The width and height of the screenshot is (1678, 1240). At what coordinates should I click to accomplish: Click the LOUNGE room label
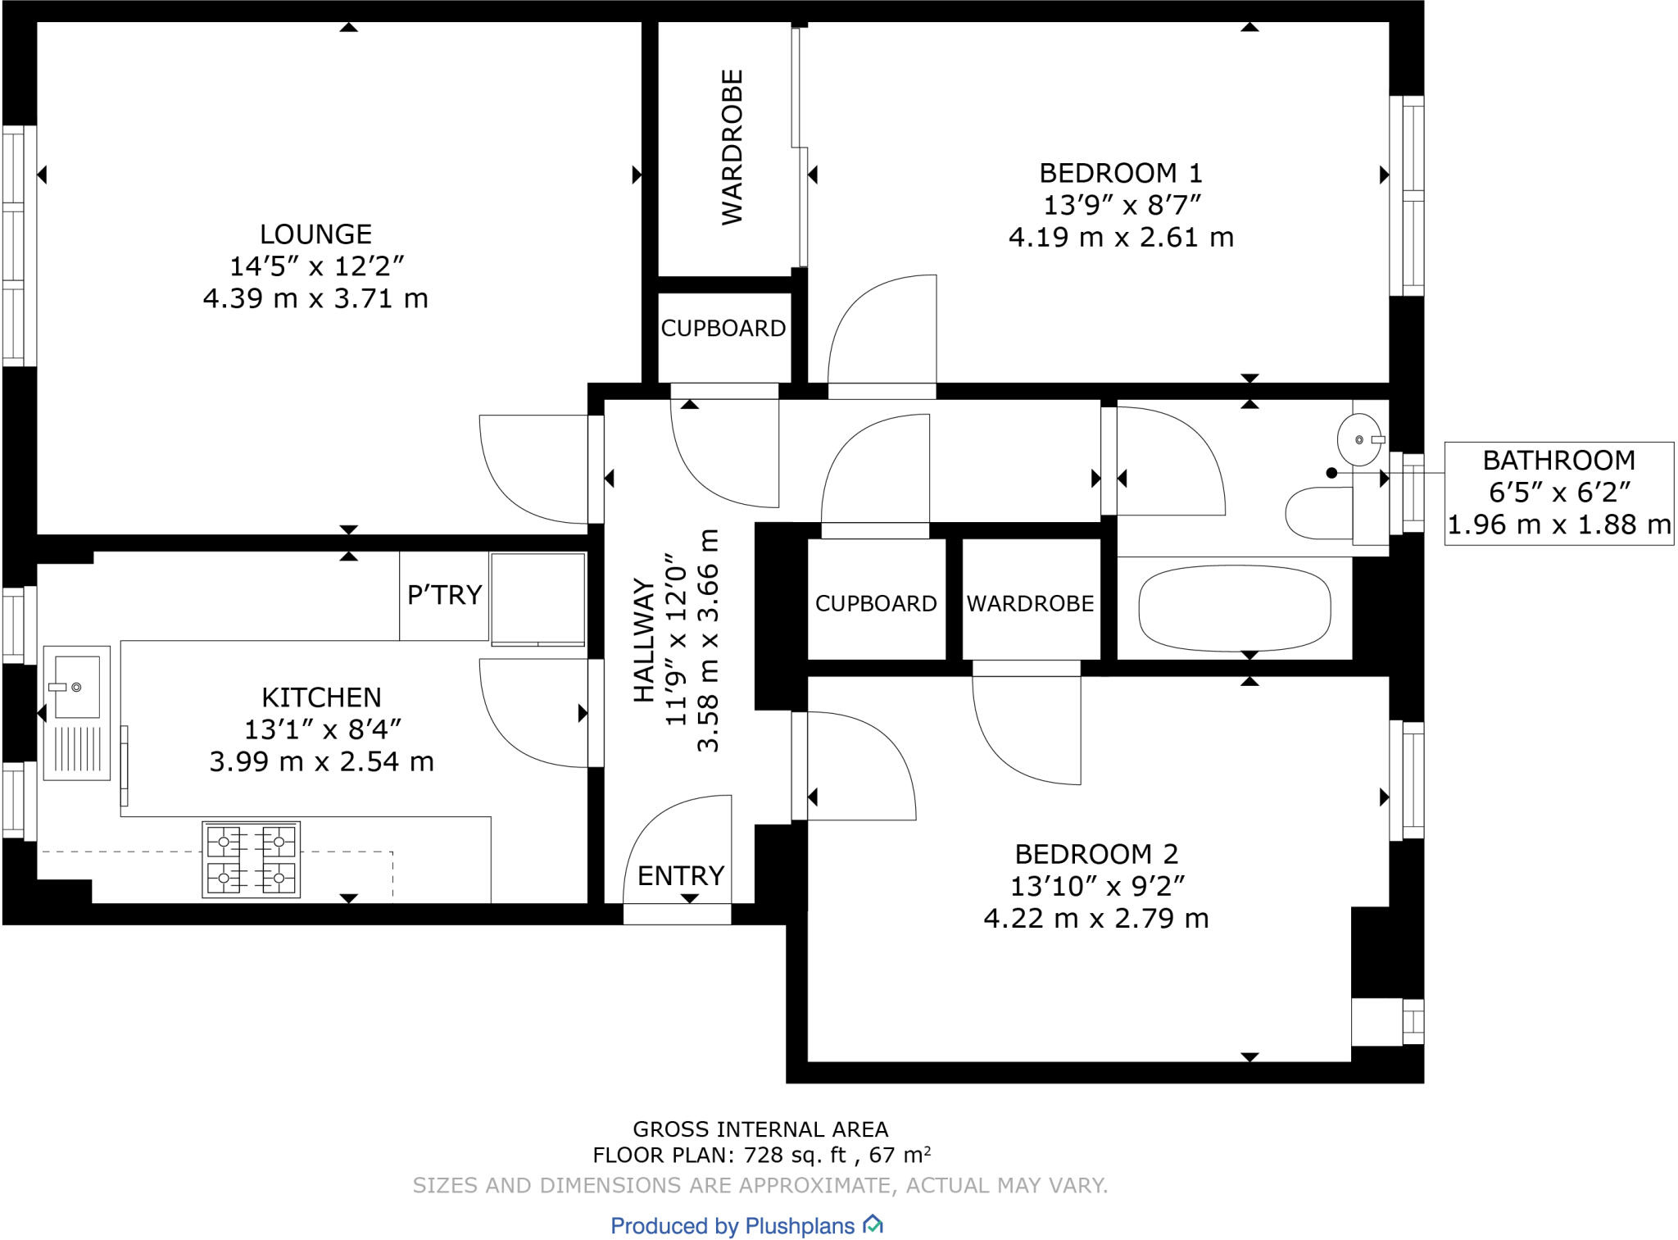pyautogui.click(x=315, y=234)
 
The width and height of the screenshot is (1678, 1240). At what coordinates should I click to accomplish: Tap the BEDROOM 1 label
pyautogui.click(x=1121, y=173)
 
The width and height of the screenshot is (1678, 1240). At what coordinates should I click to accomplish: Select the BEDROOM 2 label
pyautogui.click(x=1096, y=854)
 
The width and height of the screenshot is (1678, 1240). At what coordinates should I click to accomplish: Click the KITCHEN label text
pyautogui.click(x=321, y=697)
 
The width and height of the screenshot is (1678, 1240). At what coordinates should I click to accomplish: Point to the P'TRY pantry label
pyautogui.click(x=444, y=594)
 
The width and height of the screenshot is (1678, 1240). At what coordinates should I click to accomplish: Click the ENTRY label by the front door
pyautogui.click(x=681, y=876)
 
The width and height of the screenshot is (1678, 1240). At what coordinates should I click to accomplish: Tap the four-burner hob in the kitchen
pyautogui.click(x=252, y=859)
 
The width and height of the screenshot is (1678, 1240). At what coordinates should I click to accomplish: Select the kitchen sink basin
pyautogui.click(x=76, y=687)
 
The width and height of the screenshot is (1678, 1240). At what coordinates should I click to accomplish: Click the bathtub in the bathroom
pyautogui.click(x=1235, y=608)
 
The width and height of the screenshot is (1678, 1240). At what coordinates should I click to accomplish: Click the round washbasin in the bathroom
pyautogui.click(x=1358, y=440)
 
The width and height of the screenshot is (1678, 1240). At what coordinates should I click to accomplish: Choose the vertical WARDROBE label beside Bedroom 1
pyautogui.click(x=732, y=147)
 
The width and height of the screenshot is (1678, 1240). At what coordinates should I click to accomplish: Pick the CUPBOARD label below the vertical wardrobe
pyautogui.click(x=723, y=329)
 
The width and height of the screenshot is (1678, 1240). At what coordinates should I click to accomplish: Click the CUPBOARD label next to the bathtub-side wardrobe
pyautogui.click(x=876, y=604)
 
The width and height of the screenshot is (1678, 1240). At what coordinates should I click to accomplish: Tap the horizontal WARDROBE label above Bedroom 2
pyautogui.click(x=1030, y=604)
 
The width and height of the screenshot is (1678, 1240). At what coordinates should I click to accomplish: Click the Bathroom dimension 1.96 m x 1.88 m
pyautogui.click(x=1559, y=525)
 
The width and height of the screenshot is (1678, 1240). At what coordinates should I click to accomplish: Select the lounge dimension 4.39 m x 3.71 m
pyautogui.click(x=315, y=298)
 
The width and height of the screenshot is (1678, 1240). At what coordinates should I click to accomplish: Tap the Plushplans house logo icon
pyautogui.click(x=873, y=1224)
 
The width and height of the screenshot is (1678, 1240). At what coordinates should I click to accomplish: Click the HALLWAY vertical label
pyautogui.click(x=645, y=641)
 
